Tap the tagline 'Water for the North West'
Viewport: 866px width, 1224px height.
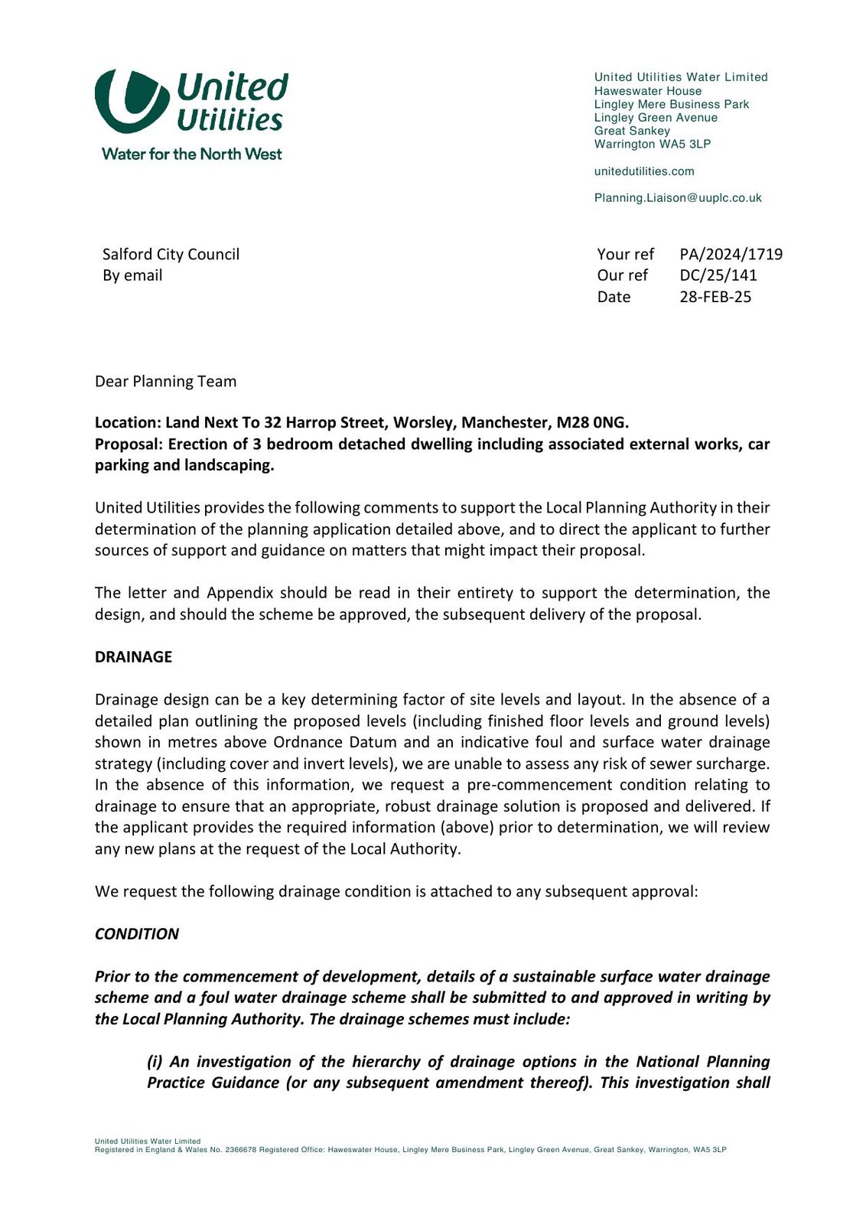191,154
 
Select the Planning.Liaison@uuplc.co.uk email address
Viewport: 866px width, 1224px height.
678,198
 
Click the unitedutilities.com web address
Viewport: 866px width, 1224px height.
644,171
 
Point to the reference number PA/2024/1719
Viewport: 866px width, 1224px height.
731,254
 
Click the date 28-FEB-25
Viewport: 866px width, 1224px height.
715,297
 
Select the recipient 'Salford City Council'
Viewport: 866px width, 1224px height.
171,254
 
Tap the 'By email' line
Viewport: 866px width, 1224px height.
132,275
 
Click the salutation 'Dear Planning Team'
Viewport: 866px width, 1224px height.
165,381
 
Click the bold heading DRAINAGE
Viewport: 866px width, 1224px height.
133,657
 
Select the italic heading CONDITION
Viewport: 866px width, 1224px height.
137,934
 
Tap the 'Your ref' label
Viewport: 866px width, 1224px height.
625,254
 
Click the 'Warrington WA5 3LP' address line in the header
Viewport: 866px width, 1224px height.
653,144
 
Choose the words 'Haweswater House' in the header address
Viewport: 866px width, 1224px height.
648,91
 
